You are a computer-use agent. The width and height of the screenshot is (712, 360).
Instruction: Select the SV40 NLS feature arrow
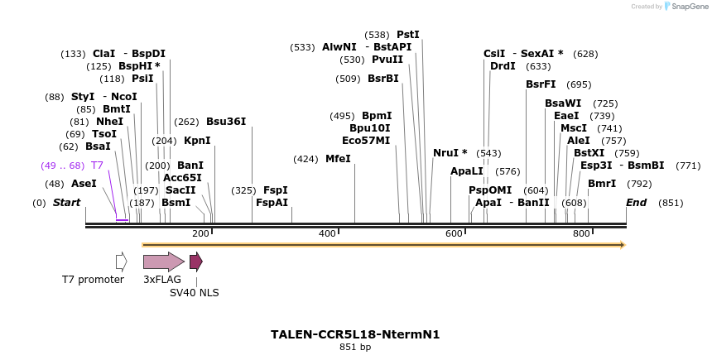[x=195, y=262]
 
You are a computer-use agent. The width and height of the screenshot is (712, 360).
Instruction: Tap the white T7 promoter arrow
[x=121, y=262]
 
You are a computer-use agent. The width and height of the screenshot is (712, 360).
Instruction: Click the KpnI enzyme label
[x=197, y=140]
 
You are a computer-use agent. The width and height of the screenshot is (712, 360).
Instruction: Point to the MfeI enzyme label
[x=338, y=158]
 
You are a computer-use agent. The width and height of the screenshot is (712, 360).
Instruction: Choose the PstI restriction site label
[x=408, y=35]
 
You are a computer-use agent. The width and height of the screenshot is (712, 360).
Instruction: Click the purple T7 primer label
[x=97, y=166]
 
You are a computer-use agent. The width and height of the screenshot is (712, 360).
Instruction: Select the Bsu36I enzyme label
[x=226, y=122]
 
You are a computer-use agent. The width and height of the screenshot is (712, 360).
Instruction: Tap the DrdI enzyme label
[x=503, y=66]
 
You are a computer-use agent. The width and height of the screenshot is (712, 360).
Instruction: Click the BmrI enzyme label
[x=602, y=184]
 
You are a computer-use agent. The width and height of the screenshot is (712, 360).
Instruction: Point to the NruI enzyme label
[x=450, y=153]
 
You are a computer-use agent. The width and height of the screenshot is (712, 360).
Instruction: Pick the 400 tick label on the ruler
[x=328, y=234]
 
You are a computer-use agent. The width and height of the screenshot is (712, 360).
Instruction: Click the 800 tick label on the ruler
[x=581, y=234]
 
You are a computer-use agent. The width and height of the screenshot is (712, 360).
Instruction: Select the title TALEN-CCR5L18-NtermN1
[x=355, y=334]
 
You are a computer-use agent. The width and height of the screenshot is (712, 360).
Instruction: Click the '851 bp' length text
[x=355, y=347]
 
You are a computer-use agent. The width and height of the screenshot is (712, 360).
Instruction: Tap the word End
[x=637, y=203]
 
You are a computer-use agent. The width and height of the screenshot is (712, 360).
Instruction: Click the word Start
[x=67, y=203]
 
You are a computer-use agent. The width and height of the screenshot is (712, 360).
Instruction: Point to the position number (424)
[x=305, y=158]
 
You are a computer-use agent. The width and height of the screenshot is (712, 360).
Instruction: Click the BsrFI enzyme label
[x=541, y=84]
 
